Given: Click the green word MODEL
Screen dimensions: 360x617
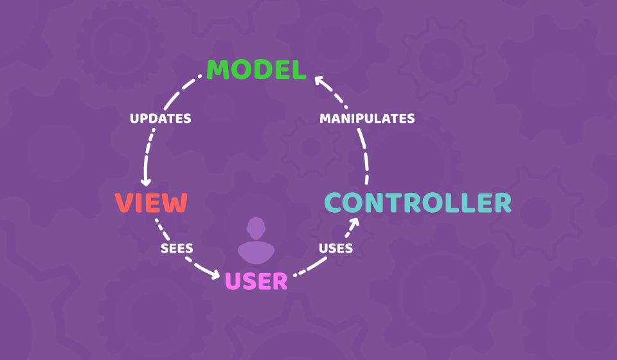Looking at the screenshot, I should click(x=256, y=70).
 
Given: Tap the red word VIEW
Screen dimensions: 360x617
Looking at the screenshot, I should click(x=151, y=203).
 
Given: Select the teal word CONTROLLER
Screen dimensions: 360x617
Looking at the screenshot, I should click(x=418, y=203).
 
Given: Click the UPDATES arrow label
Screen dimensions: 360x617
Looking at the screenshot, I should click(x=160, y=118).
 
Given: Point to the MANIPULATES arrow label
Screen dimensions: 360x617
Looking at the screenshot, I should click(x=367, y=118).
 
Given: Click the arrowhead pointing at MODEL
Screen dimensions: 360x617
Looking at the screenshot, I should click(x=318, y=80).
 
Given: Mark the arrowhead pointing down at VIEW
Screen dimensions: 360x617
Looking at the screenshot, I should click(x=146, y=182).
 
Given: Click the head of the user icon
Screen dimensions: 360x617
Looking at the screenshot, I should click(x=256, y=228).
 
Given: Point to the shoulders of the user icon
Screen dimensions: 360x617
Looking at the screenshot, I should click(x=256, y=253).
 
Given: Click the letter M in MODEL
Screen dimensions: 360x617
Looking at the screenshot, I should click(x=219, y=70).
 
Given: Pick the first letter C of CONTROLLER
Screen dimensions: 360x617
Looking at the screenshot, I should click(x=335, y=203).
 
